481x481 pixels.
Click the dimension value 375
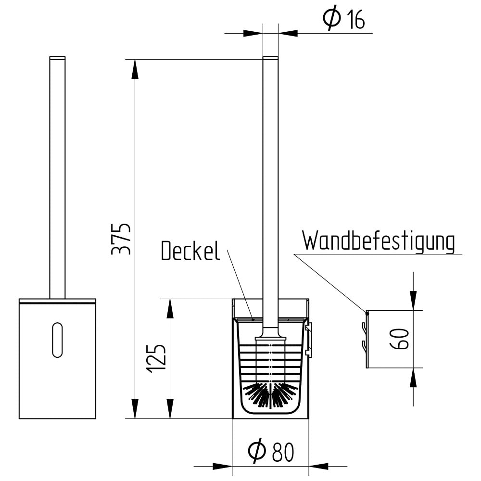click(121, 239)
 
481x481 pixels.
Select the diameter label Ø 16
click(344, 19)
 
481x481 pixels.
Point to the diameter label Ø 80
click(271, 452)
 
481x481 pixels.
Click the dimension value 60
click(399, 339)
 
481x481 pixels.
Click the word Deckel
click(190, 251)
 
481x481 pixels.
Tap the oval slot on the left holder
click(57, 340)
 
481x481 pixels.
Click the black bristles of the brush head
click(270, 395)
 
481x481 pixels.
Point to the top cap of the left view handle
click(57, 57)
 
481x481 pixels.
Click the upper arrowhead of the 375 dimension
click(135, 69)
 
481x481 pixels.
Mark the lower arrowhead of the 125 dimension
click(170, 408)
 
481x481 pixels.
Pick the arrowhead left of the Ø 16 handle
click(253, 33)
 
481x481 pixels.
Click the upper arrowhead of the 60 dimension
click(414, 301)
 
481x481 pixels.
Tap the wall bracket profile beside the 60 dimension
click(365, 339)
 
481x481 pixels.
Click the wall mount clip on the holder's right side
click(310, 340)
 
